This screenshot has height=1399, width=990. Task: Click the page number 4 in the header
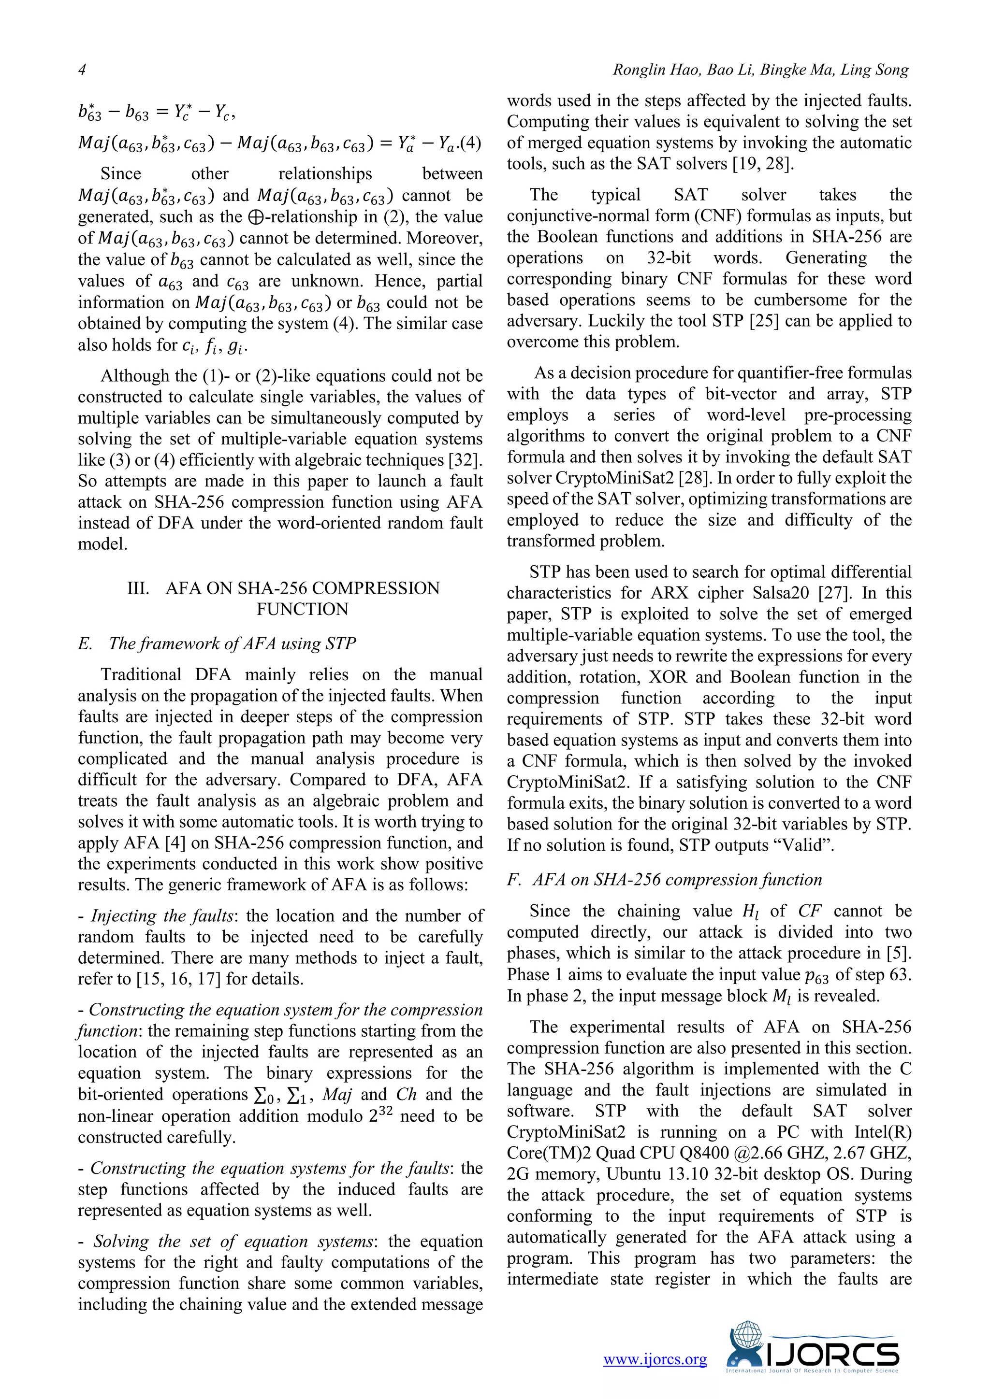[82, 70]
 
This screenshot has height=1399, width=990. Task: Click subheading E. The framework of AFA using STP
[217, 643]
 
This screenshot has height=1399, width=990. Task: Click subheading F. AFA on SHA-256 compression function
[665, 879]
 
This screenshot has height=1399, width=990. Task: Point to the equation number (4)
[469, 144]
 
